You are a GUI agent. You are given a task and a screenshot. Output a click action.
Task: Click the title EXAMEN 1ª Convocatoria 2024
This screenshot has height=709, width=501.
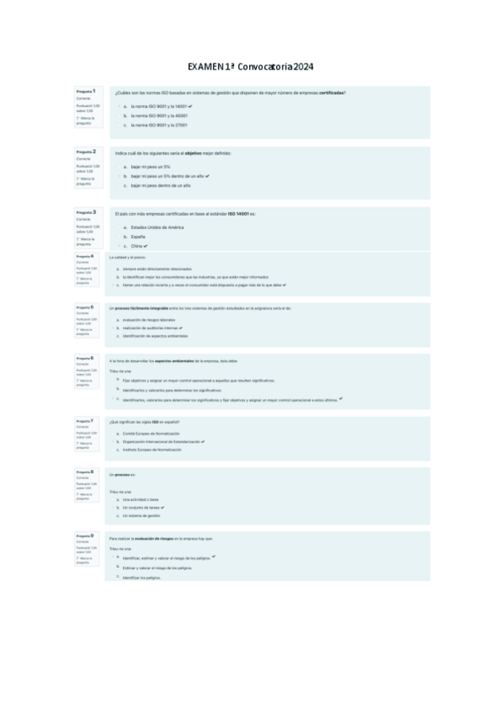[250, 67]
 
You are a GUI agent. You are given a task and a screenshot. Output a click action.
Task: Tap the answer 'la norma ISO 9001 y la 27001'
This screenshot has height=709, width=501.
[158, 125]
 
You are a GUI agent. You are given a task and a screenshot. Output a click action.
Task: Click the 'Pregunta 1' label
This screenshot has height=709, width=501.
[85, 91]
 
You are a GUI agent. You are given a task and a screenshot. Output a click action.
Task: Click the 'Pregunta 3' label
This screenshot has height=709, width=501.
[85, 212]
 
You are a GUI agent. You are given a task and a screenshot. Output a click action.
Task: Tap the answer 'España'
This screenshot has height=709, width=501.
[138, 237]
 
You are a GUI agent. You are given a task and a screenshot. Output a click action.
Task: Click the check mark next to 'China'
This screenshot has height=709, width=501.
[146, 247]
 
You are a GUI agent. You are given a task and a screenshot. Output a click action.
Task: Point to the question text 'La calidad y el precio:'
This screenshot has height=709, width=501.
[126, 258]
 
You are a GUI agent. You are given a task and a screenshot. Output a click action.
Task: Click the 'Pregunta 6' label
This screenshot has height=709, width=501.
[84, 358]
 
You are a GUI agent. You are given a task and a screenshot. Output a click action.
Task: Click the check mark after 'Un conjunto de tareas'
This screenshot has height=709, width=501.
[162, 507]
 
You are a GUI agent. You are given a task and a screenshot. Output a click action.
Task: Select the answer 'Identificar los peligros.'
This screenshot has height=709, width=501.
[141, 578]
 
